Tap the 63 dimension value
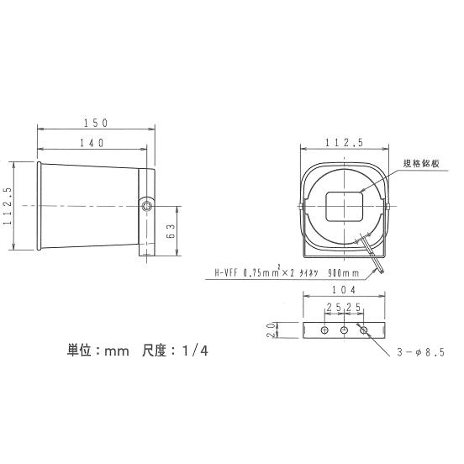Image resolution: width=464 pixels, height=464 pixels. (x=171, y=229)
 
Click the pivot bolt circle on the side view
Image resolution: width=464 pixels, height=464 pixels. (x=147, y=203)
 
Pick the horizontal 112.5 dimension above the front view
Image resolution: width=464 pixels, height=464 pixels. (x=345, y=143)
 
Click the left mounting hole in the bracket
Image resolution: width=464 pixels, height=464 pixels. (x=324, y=331)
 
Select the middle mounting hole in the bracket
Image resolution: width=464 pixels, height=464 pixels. (x=344, y=331)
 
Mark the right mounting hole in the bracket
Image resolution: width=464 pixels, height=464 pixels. (x=364, y=331)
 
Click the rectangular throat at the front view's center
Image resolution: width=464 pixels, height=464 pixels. (x=343, y=206)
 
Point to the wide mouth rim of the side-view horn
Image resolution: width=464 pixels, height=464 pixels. (x=39, y=206)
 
